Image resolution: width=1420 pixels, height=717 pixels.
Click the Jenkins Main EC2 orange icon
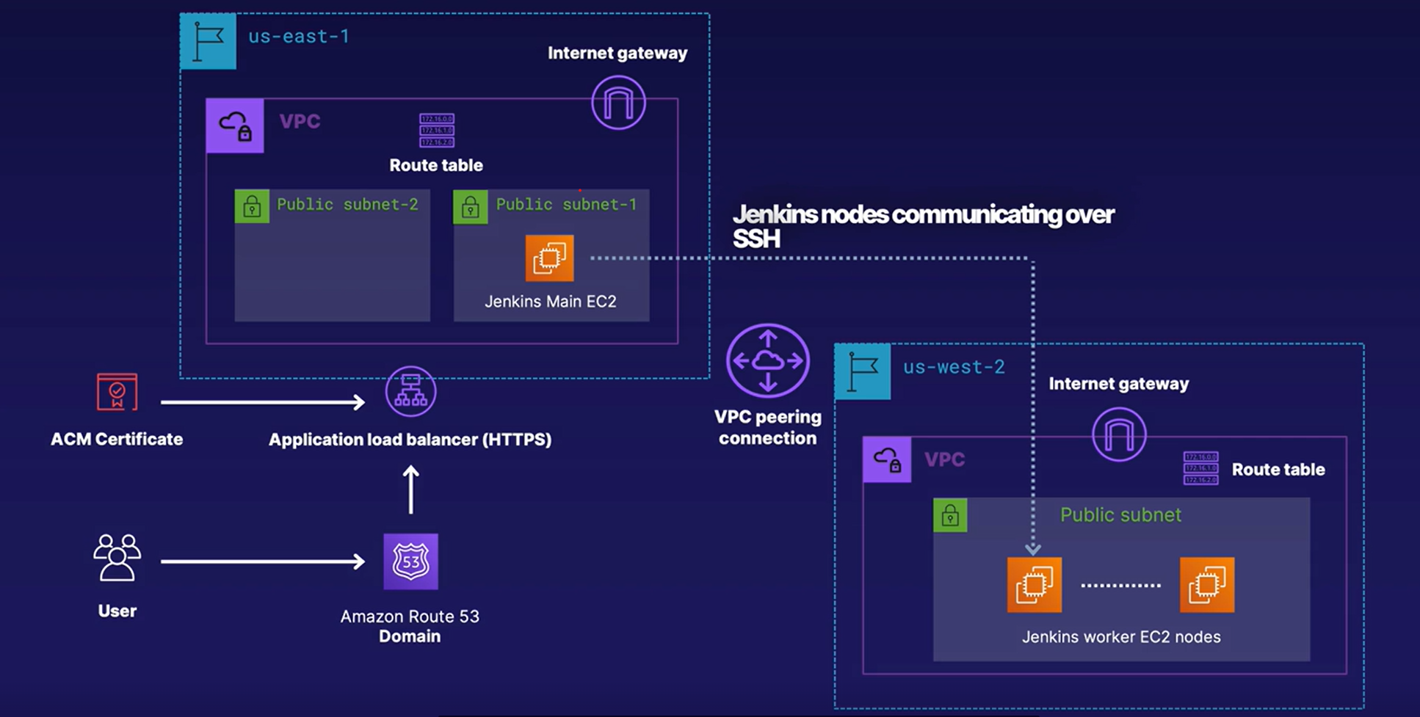tap(549, 258)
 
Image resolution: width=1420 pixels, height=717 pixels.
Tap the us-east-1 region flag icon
tap(209, 42)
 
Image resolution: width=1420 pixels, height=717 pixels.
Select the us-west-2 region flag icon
tap(863, 371)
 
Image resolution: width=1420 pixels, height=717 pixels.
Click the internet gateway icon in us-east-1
tap(618, 103)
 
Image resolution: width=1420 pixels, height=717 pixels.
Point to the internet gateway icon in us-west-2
tap(1119, 434)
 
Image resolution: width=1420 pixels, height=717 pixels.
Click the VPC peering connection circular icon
tap(767, 360)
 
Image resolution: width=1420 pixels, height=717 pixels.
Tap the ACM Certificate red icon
tap(117, 392)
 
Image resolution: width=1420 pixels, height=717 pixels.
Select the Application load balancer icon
tap(410, 392)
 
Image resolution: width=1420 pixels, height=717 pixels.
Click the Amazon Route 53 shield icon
tap(410, 561)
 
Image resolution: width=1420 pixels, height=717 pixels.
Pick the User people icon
tap(117, 558)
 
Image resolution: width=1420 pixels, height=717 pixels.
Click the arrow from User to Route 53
tap(262, 561)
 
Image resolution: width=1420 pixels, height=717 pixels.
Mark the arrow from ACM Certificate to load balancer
tap(262, 401)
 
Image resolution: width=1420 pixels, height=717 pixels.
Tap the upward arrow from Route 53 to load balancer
tap(411, 489)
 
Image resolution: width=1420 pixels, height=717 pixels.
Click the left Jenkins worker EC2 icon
tap(1034, 585)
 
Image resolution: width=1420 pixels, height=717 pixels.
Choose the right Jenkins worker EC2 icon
tap(1206, 585)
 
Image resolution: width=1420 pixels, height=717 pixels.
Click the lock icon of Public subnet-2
tap(252, 206)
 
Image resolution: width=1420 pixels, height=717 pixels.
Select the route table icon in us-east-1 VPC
tap(437, 131)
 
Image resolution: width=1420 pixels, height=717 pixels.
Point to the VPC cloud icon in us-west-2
tap(887, 459)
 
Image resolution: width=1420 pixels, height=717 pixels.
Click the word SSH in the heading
tap(756, 239)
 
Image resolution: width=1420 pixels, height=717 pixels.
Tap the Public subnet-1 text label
tap(566, 204)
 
